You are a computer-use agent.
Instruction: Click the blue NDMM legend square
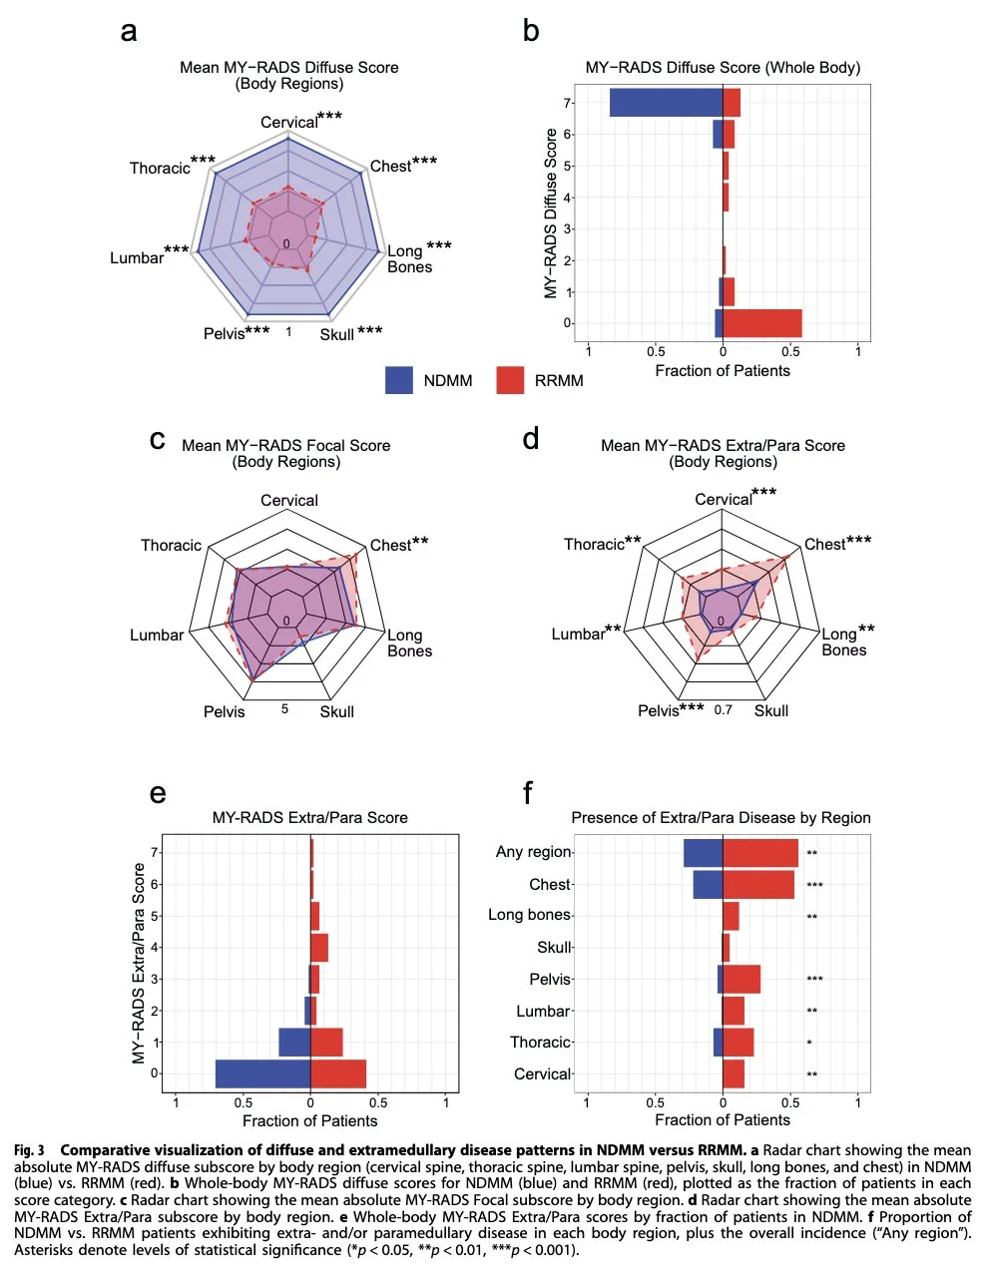coord(399,380)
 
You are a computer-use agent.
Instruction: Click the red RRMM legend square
coord(510,380)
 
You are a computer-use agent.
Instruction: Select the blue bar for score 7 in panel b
coord(666,103)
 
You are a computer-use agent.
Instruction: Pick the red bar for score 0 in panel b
coord(762,323)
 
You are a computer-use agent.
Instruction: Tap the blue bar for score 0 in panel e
coord(262,1073)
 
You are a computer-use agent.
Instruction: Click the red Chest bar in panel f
coord(758,885)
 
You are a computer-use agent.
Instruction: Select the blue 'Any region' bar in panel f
coord(703,853)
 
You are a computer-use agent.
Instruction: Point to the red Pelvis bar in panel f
coord(742,980)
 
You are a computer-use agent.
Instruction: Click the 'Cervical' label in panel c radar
coord(289,501)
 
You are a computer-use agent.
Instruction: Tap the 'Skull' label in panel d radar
coord(771,711)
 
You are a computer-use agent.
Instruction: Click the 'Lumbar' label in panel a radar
coord(137,258)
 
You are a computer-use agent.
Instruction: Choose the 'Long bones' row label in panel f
coord(529,915)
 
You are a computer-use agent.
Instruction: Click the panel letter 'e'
coord(158,793)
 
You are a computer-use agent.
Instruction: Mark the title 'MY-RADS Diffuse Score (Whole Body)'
coord(723,68)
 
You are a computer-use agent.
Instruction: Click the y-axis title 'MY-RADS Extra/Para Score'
coord(139,963)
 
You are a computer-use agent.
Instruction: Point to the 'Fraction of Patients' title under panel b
coord(723,371)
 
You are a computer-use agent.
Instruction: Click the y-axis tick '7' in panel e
coord(155,852)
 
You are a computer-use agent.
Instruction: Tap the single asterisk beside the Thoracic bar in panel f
coord(809,1044)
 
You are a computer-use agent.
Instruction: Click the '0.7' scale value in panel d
coord(724,710)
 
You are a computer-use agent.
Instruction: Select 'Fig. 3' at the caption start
coord(29,1151)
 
